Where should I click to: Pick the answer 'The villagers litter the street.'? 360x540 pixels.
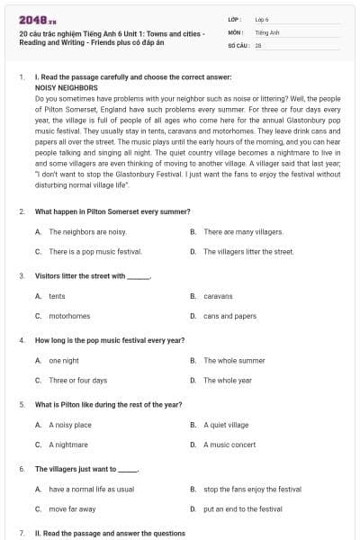[x=248, y=252]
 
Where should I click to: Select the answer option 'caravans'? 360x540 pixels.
[x=218, y=295]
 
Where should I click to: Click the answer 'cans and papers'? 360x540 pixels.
[x=229, y=316]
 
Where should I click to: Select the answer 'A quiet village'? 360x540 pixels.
[x=225, y=425]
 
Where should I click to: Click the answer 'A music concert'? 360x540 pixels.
[x=229, y=445]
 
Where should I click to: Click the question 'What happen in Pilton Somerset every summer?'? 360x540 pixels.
[x=112, y=211]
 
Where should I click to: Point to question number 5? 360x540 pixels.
[x=22, y=405]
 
